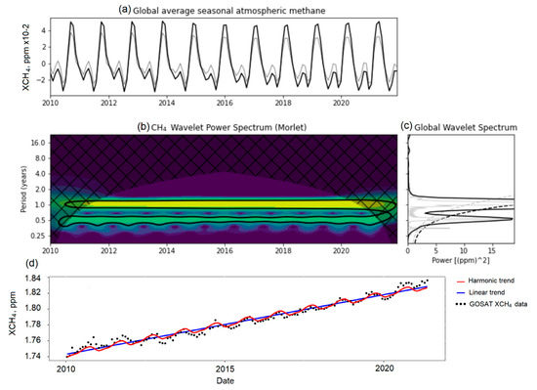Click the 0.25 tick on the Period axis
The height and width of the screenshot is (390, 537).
pyautogui.click(x=32, y=236)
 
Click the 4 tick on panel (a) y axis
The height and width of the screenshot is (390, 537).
pyautogui.click(x=37, y=29)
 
